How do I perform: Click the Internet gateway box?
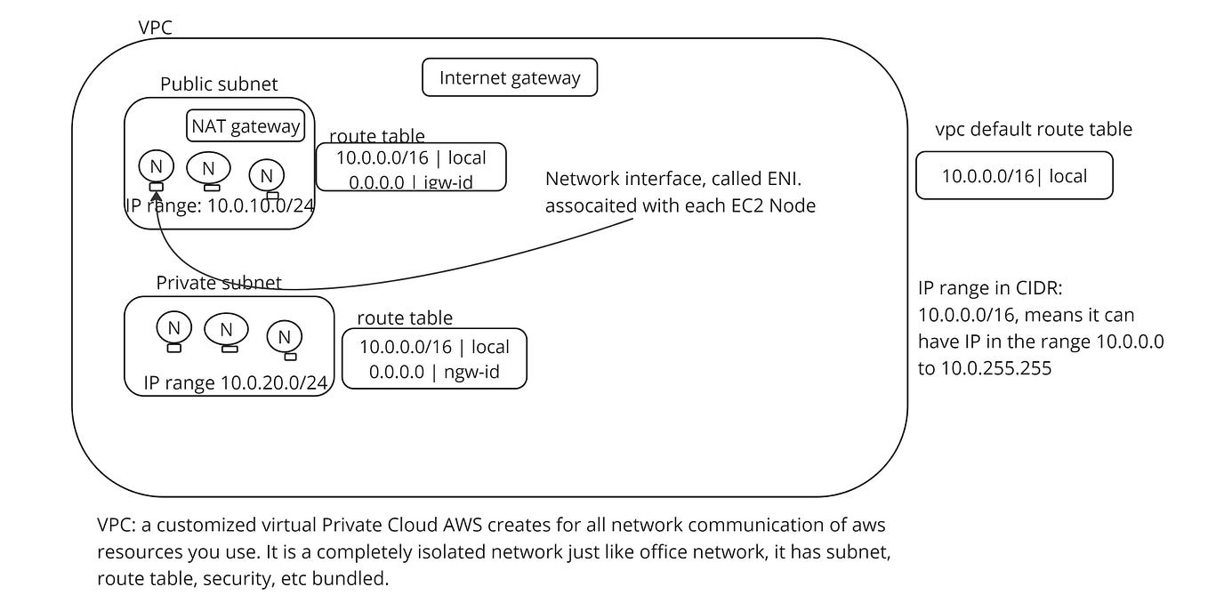(509, 78)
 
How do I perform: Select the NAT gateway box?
(246, 126)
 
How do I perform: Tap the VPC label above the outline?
(155, 28)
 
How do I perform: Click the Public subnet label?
(219, 84)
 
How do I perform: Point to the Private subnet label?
(219, 283)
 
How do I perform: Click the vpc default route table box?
(1014, 175)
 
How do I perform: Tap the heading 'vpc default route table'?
(1034, 130)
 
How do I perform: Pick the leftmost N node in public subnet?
(156, 166)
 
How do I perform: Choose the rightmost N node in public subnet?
(267, 174)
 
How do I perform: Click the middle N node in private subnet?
(226, 330)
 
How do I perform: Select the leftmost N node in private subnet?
(173, 327)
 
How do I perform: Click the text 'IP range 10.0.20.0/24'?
(236, 383)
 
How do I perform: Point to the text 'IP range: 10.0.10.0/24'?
(220, 205)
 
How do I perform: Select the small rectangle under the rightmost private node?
(290, 356)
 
